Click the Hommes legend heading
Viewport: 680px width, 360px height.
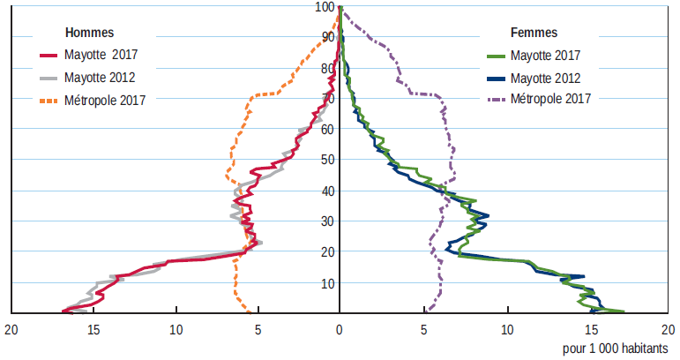pos(90,33)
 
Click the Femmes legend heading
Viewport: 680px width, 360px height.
pos(534,33)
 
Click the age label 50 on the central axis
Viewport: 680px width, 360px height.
pos(327,160)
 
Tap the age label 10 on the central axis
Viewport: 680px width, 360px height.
pos(327,283)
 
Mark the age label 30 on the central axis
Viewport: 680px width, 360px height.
pos(327,221)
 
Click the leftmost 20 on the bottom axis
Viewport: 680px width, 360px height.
pos(11,331)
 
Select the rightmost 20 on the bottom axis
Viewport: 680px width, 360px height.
pos(668,331)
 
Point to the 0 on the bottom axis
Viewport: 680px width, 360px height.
pos(340,331)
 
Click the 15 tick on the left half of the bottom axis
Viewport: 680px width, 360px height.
pos(93,331)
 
